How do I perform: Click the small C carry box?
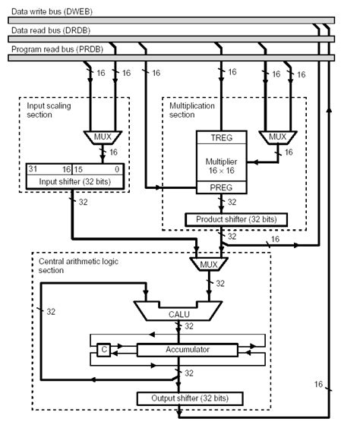click(x=103, y=350)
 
